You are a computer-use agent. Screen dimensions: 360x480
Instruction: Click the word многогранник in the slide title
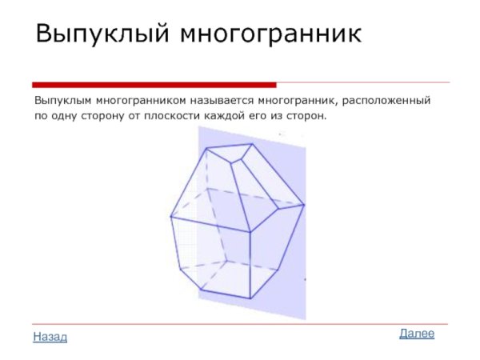270,34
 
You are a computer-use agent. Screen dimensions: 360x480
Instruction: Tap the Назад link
50,337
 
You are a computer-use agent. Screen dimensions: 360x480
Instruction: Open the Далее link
417,333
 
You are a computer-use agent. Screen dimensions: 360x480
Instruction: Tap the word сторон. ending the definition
310,116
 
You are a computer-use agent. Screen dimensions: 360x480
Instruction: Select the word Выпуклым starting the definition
62,102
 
